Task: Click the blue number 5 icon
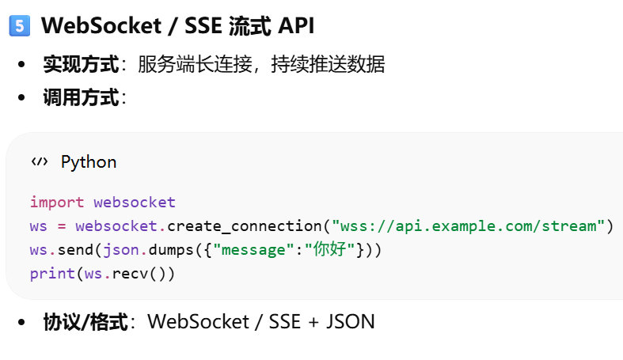click(19, 26)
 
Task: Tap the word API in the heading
click(295, 26)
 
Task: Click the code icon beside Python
click(39, 162)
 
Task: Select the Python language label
click(89, 162)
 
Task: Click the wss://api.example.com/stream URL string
click(469, 226)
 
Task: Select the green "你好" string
click(330, 250)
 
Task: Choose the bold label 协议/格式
click(85, 322)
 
